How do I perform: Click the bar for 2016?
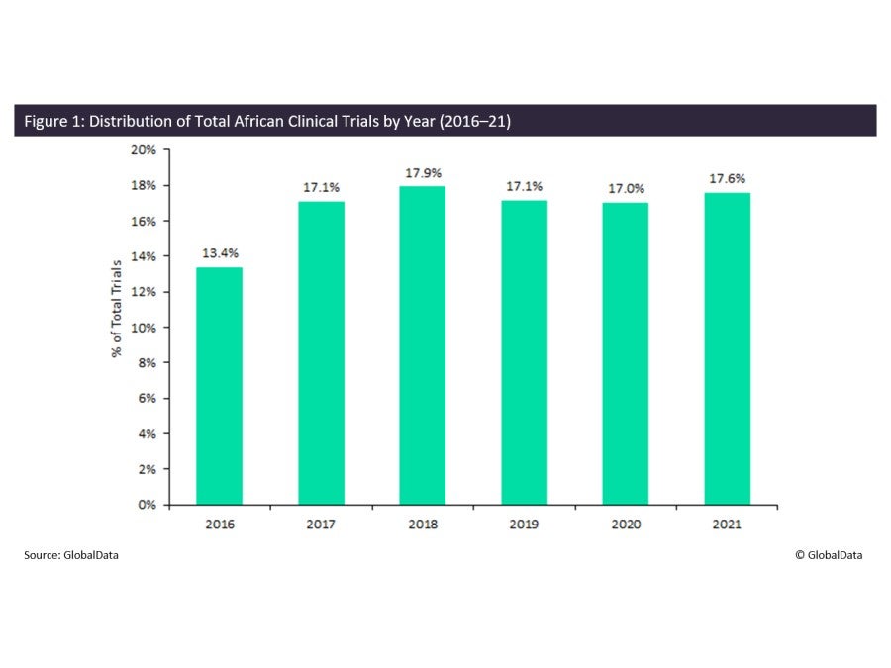219,386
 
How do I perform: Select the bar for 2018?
423,345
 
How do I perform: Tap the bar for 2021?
728,348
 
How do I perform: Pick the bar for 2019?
525,352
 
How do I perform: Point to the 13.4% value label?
219,254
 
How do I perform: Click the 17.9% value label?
423,173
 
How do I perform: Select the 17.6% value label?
728,179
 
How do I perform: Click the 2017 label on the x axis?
321,523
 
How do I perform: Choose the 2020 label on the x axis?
626,523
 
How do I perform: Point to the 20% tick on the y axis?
145,150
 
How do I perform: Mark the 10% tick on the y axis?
145,328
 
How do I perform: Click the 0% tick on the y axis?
148,505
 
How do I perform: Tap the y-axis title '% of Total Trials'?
117,308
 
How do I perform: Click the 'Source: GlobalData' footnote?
71,555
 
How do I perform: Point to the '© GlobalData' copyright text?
828,555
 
